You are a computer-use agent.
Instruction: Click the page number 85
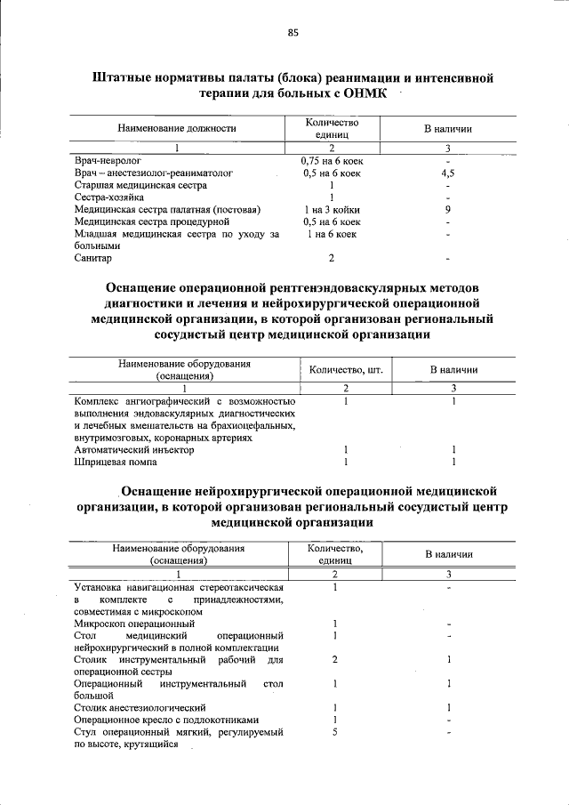pos(293,33)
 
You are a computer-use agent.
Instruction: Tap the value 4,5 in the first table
pos(448,173)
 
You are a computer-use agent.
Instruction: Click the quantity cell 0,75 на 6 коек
pos(331,161)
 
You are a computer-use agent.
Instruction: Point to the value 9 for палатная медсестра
pos(448,210)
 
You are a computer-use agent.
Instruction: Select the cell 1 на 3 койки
pos(331,210)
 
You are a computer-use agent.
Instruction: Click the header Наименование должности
pos(177,128)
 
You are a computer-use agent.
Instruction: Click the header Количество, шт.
pos(346,369)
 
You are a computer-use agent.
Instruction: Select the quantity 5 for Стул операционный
pos(334,731)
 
